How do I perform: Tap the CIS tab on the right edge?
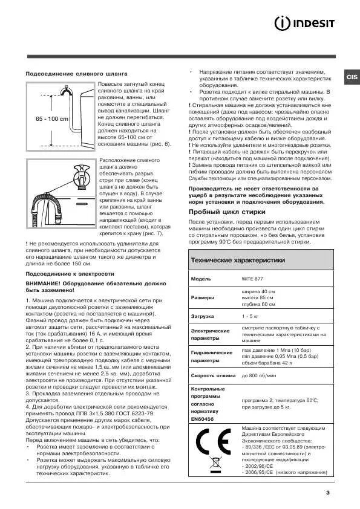click(x=352, y=77)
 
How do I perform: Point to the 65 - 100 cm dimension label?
click(x=51, y=118)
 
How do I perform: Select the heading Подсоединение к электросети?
click(x=61, y=273)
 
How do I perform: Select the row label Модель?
click(x=201, y=279)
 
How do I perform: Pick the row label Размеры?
click(x=202, y=299)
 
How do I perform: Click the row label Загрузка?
click(x=203, y=316)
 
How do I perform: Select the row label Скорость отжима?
click(x=212, y=376)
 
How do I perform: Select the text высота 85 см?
click(x=258, y=298)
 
